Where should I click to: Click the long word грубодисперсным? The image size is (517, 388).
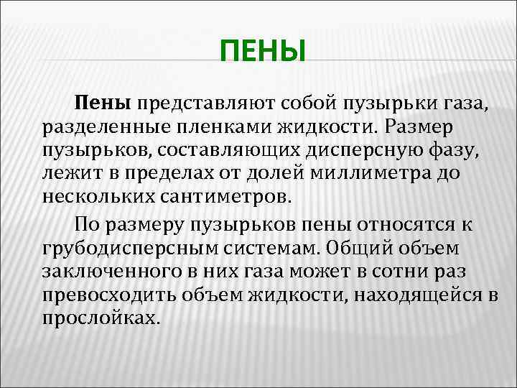pos(125,249)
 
